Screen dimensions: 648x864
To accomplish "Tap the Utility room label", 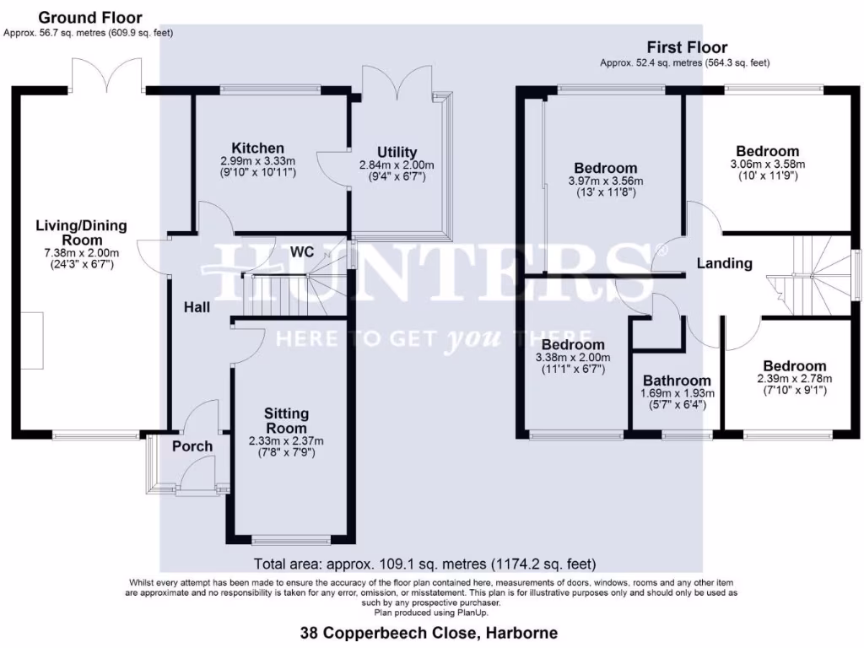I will [397, 152].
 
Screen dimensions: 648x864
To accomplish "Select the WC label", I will [303, 251].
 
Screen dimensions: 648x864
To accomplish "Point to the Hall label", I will [197, 308].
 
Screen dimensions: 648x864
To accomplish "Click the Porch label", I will [192, 446].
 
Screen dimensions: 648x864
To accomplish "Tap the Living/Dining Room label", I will [81, 232].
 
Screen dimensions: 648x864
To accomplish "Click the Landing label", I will [724, 263].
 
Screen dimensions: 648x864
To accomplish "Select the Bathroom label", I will [677, 381].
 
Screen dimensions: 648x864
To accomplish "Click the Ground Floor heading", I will [90, 18].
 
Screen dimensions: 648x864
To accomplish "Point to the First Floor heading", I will [687, 47].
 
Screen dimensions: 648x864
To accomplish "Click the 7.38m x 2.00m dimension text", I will [81, 252].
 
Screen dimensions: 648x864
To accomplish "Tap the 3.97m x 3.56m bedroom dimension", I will [606, 181].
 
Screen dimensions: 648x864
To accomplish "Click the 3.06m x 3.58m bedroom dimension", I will [767, 165].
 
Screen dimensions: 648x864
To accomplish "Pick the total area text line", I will [425, 564].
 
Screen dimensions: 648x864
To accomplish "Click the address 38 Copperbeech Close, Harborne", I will [429, 632].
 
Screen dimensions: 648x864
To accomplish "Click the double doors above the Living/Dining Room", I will [106, 75].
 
